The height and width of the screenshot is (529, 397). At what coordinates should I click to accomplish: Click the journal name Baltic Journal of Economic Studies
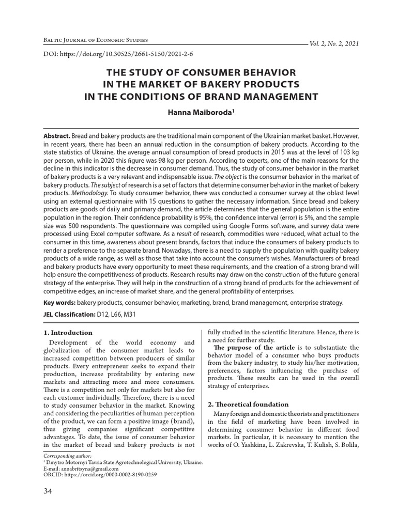pyautogui.click(x=96, y=40)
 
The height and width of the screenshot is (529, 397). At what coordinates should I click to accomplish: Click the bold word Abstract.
pyautogui.click(x=56, y=134)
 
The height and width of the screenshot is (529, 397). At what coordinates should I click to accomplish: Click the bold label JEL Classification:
pyautogui.click(x=69, y=314)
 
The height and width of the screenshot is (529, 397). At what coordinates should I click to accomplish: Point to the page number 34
pyautogui.click(x=49, y=491)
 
